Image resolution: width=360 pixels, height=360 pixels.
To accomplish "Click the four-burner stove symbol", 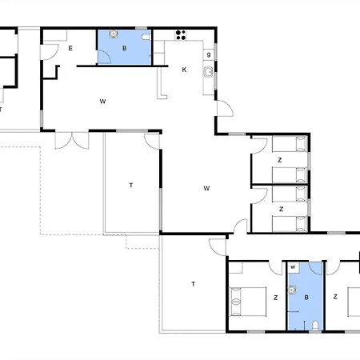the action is tap(181, 35).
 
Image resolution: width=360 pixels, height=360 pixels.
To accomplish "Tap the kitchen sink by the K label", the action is tap(208, 72).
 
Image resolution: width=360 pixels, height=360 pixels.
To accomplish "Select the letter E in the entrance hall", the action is tap(70, 48).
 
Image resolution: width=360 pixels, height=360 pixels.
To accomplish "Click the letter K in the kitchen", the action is tap(184, 70).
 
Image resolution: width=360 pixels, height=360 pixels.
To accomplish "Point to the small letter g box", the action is tap(209, 54).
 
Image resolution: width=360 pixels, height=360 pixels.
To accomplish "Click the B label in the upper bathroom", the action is tap(124, 48).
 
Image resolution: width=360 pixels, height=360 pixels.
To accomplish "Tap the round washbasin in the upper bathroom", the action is tap(114, 34).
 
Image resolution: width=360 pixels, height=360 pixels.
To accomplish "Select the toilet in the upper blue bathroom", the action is tap(146, 37).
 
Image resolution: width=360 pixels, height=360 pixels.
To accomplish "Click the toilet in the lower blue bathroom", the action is tap(315, 326).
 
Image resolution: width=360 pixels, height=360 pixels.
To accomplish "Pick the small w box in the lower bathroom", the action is tap(293, 267).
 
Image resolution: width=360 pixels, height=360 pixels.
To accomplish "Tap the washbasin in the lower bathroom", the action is tap(292, 290).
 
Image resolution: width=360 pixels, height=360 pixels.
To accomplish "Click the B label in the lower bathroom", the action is tap(306, 298).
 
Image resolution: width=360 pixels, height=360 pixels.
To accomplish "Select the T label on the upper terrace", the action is tap(131, 185).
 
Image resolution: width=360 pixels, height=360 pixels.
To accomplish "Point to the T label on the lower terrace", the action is tap(193, 284).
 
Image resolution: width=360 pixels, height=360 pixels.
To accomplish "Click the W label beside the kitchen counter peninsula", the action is tap(102, 102).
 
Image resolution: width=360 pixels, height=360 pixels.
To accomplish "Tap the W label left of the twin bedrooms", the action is tap(206, 188).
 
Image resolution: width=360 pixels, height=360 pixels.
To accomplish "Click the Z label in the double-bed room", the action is tap(276, 298).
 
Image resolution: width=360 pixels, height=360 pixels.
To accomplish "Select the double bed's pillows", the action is tap(235, 302).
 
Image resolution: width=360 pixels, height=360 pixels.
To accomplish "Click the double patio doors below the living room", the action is tap(72, 140).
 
